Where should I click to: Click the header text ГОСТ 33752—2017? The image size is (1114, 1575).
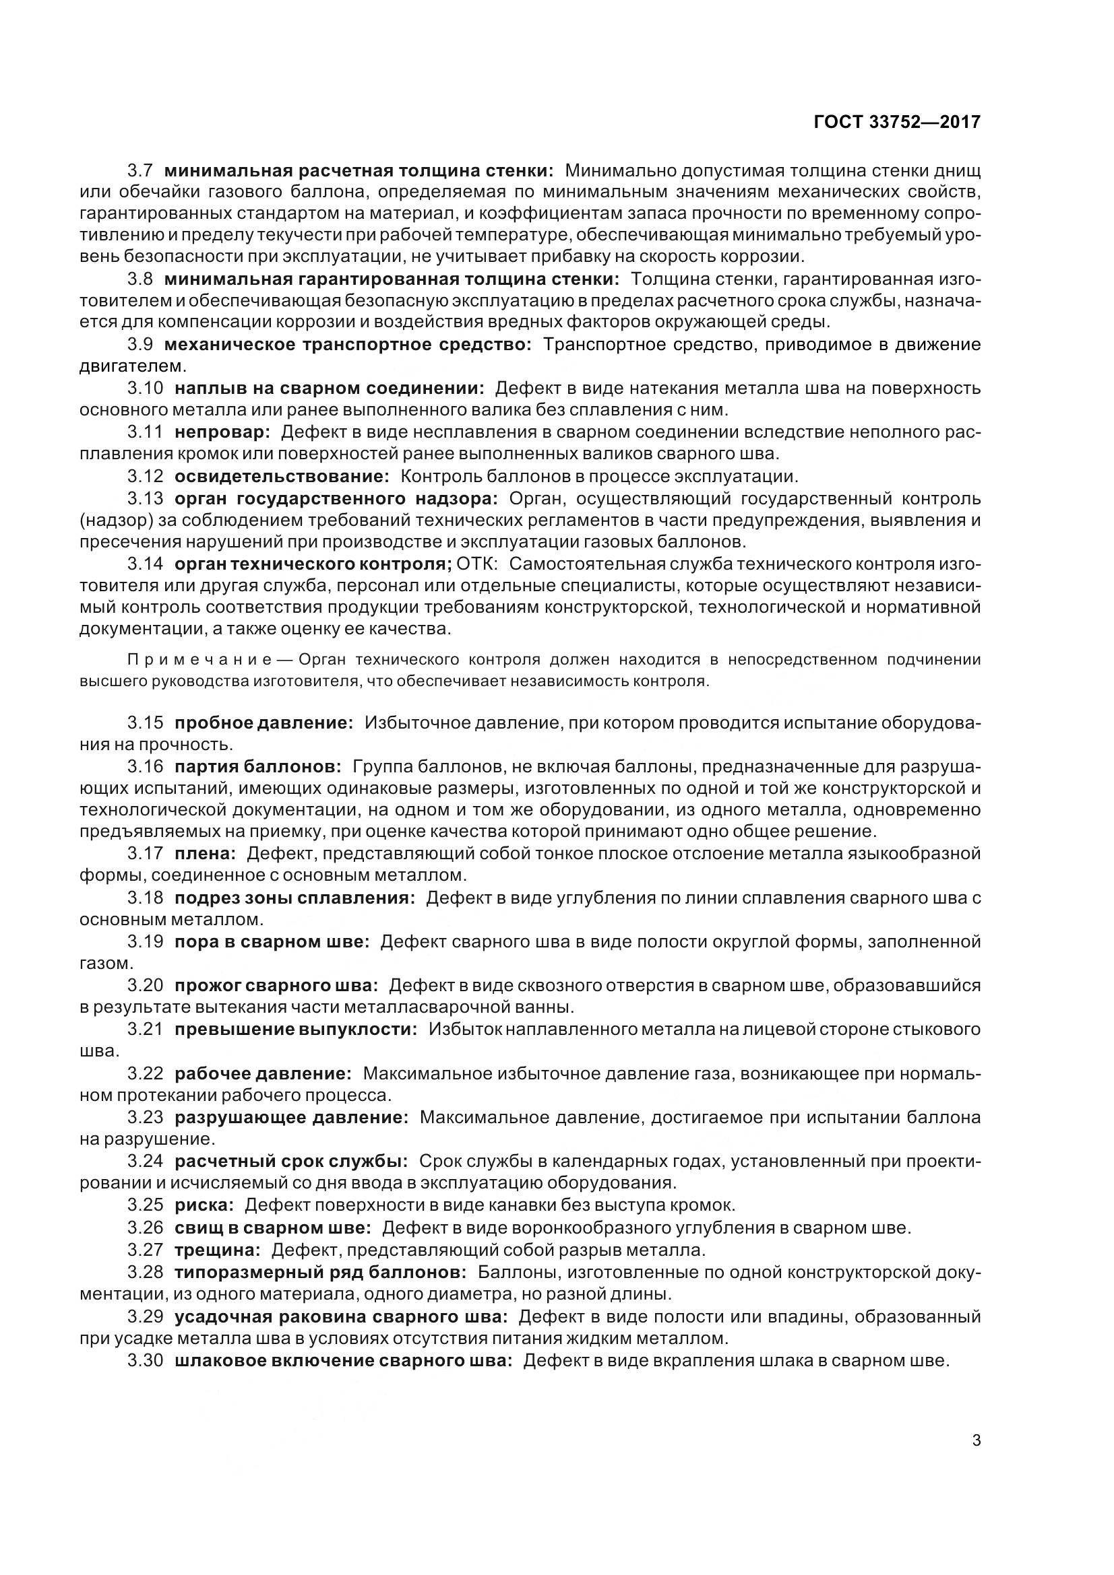click(x=896, y=122)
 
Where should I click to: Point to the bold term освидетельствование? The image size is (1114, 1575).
click(x=282, y=476)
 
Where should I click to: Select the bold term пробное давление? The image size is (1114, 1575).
click(x=264, y=723)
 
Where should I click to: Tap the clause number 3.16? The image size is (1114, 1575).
click(x=146, y=766)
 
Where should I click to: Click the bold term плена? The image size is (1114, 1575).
click(x=206, y=853)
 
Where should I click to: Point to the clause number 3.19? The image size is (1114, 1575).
click(x=146, y=941)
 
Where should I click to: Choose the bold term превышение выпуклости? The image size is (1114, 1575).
click(x=296, y=1029)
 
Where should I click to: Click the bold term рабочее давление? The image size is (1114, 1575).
click(x=263, y=1073)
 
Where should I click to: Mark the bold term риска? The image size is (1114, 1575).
click(x=205, y=1205)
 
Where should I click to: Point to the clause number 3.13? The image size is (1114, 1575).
click(x=146, y=498)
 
